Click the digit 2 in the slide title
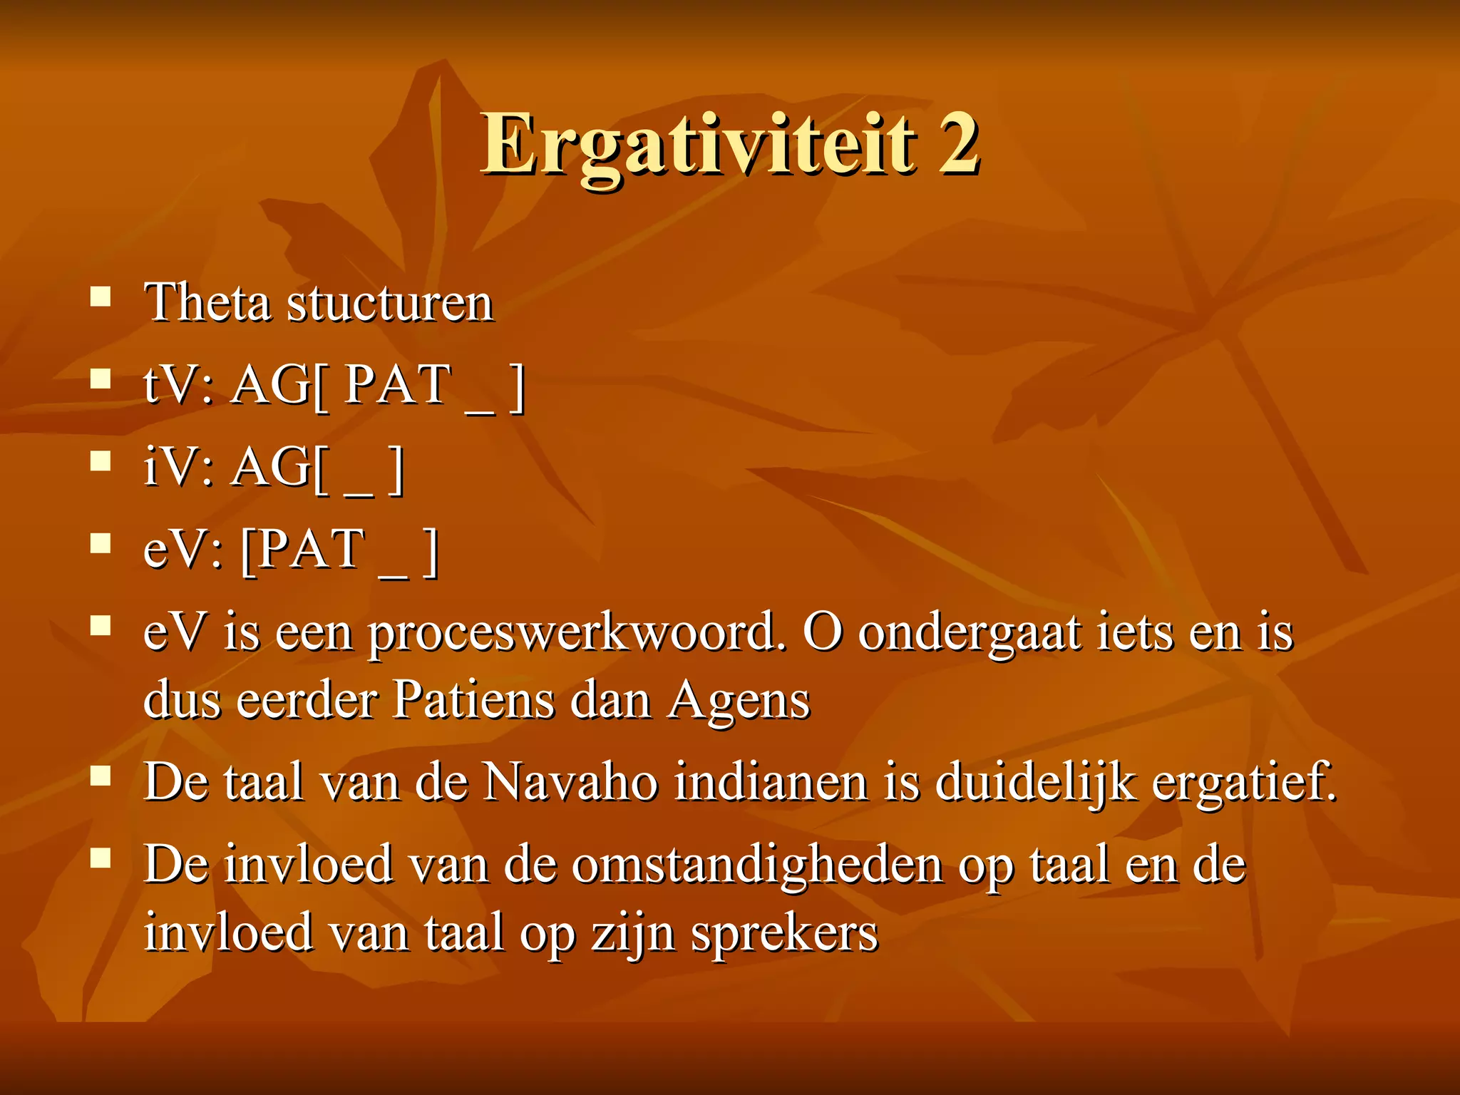click(957, 144)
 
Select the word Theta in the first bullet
click(207, 302)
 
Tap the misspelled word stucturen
click(389, 304)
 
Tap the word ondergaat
click(970, 634)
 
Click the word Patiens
click(473, 700)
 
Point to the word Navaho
click(570, 783)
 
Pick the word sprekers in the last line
click(784, 934)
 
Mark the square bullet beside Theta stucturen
click(101, 296)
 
